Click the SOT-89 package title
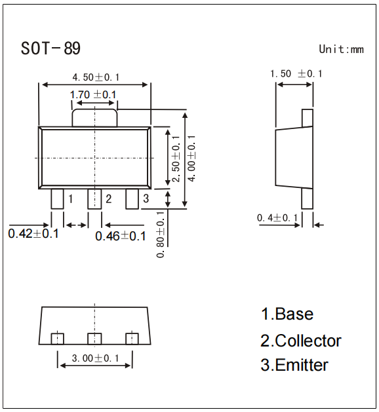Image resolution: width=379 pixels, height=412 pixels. (51, 49)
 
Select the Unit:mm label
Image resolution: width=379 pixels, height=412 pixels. (340, 49)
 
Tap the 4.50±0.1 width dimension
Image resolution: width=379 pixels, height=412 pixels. (96, 77)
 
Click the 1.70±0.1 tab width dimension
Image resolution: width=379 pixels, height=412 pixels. (93, 95)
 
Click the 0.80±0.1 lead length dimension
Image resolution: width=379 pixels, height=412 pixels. (161, 234)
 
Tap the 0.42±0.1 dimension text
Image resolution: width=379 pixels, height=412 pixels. (33, 234)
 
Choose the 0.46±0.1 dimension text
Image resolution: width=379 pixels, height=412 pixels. (121, 236)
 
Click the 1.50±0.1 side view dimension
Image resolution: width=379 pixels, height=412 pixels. (296, 74)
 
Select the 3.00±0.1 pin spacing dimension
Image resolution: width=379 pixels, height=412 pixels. (95, 358)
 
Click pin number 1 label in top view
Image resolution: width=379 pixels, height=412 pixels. (70, 198)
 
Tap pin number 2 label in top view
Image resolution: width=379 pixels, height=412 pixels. (108, 198)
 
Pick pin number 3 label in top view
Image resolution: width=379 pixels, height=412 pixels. (146, 198)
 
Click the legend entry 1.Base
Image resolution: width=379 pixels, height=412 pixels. (287, 314)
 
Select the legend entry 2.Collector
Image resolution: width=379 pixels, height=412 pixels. (301, 341)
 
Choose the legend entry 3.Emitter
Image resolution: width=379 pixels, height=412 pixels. (294, 365)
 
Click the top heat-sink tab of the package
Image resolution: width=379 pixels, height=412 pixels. (95, 117)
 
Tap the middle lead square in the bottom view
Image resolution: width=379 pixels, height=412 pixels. (95, 338)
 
